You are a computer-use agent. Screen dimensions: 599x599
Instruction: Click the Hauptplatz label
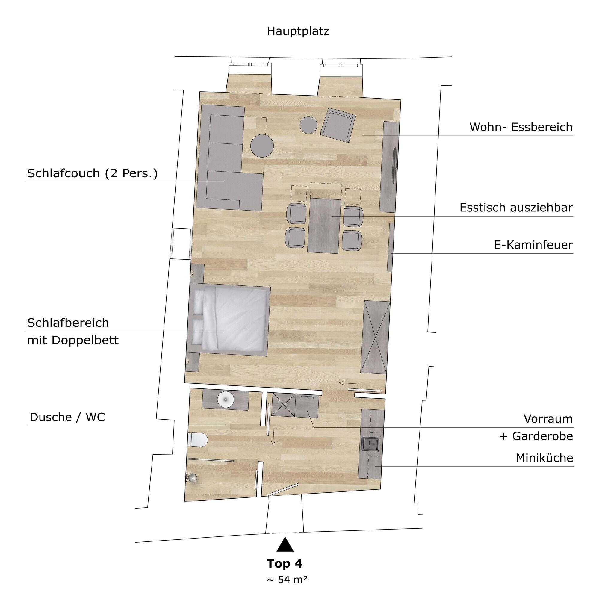click(x=298, y=31)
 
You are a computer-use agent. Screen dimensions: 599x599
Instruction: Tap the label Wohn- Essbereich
click(x=521, y=127)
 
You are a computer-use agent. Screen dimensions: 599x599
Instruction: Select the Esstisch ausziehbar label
click(x=516, y=208)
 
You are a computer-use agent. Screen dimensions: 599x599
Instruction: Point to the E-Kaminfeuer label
click(x=533, y=245)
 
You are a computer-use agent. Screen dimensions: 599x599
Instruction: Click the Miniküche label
click(x=544, y=458)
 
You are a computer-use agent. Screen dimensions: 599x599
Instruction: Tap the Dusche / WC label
click(x=67, y=417)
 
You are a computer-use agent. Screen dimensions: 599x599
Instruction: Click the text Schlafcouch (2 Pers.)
click(x=92, y=173)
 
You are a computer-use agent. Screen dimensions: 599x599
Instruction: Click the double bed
click(x=231, y=320)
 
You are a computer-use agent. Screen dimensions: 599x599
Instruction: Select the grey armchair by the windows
click(x=337, y=126)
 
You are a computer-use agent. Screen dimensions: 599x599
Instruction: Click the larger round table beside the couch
click(x=262, y=146)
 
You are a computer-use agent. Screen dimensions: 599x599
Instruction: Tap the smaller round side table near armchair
click(x=308, y=125)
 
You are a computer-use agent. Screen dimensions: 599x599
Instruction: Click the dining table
click(x=324, y=226)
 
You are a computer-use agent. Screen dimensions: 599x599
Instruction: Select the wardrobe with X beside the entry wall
click(x=375, y=337)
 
